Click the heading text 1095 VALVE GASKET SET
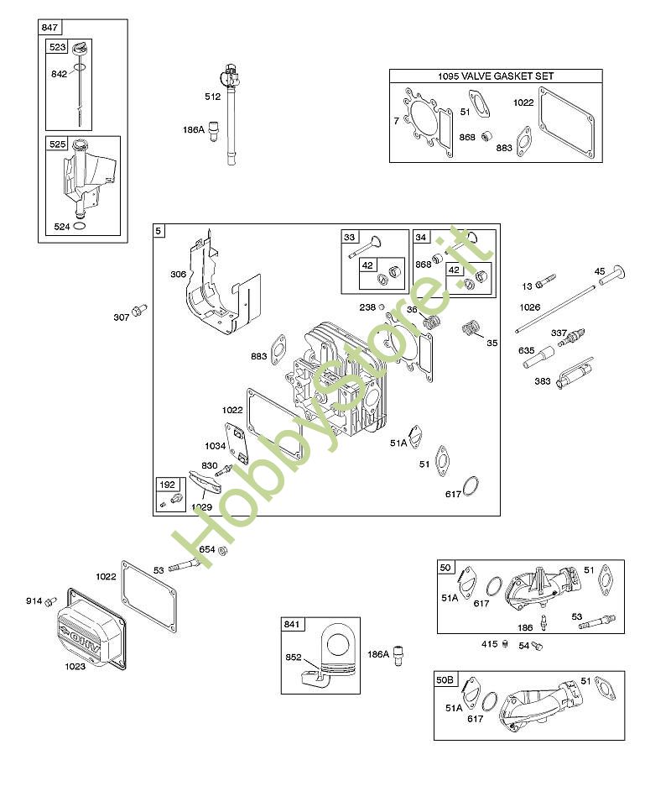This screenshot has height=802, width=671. tap(496, 76)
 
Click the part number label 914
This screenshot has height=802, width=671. tap(34, 600)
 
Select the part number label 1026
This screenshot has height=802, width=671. tap(530, 307)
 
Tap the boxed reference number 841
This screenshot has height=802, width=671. tap(291, 624)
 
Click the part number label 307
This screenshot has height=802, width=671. tap(122, 317)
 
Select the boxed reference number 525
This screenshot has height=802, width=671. tap(57, 144)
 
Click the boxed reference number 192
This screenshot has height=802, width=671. tap(166, 485)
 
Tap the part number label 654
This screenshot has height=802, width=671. tap(205, 550)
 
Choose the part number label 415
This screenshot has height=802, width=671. tap(490, 644)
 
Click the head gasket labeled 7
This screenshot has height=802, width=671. tap(427, 126)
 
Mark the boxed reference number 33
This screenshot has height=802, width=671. tap(350, 238)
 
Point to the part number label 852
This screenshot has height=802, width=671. tap(294, 658)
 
